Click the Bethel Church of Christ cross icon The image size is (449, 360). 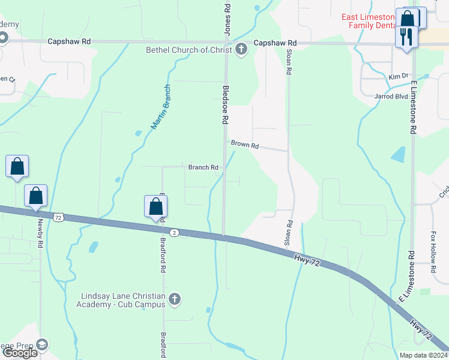[241, 50]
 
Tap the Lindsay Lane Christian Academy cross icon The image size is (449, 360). [174, 299]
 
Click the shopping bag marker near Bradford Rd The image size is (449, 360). [155, 206]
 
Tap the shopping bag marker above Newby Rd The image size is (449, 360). [35, 196]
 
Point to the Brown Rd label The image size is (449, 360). [245, 145]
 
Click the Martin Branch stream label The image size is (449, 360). [160, 107]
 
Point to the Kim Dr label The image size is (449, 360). [398, 76]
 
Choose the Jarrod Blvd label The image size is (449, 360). [391, 96]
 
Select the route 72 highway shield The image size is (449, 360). [58, 218]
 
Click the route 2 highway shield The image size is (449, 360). [174, 232]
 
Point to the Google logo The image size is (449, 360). [20, 353]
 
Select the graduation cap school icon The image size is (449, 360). [41, 345]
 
